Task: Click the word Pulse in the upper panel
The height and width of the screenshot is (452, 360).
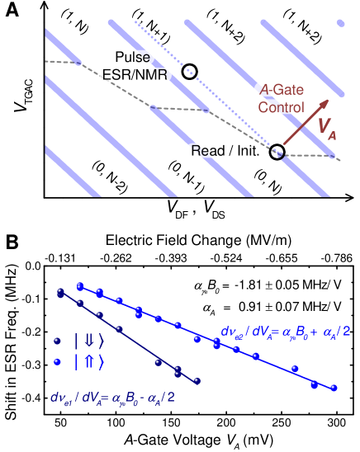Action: [132, 58]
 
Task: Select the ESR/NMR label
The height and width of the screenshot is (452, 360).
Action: [135, 74]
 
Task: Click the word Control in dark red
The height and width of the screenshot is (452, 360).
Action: [281, 107]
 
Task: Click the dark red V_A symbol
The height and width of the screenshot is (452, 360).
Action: [325, 127]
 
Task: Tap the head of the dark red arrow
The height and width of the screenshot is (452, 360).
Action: [327, 102]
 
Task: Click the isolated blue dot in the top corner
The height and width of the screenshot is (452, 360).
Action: [340, 24]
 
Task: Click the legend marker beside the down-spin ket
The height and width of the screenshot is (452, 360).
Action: [57, 341]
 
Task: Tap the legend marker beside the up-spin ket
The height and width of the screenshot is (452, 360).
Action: [57, 361]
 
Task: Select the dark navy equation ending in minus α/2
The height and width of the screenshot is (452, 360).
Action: [111, 399]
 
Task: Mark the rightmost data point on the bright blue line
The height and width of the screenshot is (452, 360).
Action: [334, 387]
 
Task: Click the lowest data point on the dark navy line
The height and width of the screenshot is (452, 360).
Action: [197, 380]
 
